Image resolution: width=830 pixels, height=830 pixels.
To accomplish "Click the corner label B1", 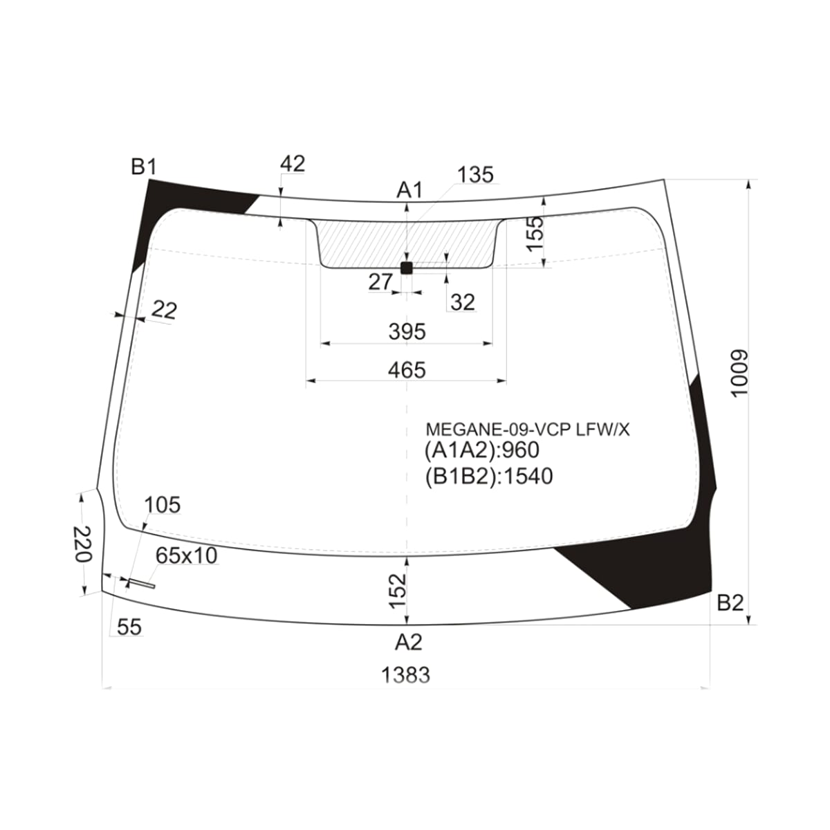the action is click(144, 167).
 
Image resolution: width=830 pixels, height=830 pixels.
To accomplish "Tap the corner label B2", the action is click(730, 603).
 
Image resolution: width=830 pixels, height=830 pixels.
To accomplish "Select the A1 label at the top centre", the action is click(409, 190).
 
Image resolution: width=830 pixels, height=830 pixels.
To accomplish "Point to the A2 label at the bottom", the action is click(409, 642).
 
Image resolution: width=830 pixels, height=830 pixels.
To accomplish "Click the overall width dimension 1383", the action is click(406, 675).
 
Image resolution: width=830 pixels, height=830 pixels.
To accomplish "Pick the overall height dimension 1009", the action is click(740, 373).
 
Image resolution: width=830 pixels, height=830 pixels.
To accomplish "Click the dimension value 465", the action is click(407, 370).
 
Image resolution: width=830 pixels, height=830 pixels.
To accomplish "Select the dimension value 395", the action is click(407, 332).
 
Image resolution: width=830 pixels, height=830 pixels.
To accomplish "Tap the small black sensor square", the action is click(407, 268).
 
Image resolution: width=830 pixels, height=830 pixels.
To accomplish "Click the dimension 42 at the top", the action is click(293, 164).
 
